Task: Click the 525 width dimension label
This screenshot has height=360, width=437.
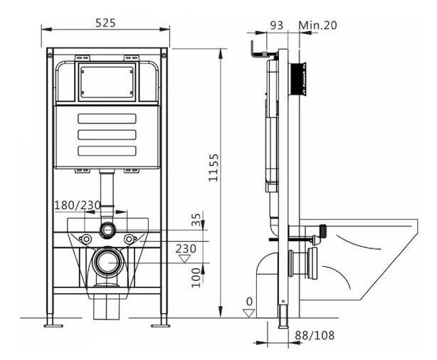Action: tap(105, 23)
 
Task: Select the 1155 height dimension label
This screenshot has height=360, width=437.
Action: tap(214, 167)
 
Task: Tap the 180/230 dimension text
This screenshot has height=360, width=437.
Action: tap(77, 206)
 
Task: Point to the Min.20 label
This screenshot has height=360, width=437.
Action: tap(317, 26)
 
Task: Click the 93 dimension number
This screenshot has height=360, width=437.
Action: tap(277, 26)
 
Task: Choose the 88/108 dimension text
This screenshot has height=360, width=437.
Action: tap(315, 336)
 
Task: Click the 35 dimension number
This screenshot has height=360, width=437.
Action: tap(196, 220)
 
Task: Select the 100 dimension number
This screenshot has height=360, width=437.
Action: tap(196, 277)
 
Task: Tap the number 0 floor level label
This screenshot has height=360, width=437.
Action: tap(249, 302)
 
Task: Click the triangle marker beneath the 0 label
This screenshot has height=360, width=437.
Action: tap(249, 313)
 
